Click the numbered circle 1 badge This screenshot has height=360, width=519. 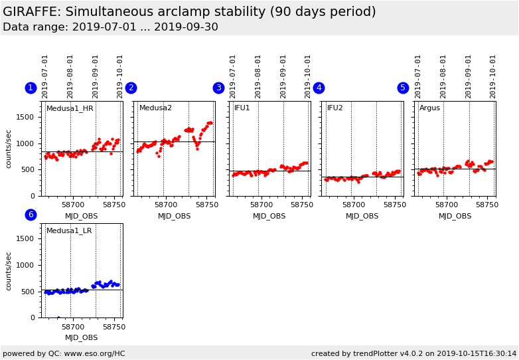(31, 88)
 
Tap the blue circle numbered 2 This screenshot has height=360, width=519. (131, 88)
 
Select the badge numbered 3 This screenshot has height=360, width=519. (218, 88)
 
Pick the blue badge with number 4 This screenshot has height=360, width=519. (319, 88)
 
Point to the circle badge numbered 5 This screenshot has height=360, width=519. (403, 88)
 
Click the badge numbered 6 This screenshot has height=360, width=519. (31, 215)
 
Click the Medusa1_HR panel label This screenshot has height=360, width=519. (70, 108)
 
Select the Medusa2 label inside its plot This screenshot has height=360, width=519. (155, 108)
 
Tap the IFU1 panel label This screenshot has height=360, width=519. (242, 108)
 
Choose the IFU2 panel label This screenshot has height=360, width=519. (334, 108)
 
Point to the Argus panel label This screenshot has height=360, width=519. (429, 108)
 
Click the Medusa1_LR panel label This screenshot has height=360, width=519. (69, 230)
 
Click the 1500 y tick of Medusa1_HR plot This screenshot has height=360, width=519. (26, 117)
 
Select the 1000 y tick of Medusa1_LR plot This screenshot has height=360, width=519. (26, 265)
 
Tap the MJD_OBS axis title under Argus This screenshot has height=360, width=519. (455, 216)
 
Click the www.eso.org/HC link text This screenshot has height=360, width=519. (92, 354)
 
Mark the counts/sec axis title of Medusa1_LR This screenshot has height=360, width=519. (9, 270)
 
